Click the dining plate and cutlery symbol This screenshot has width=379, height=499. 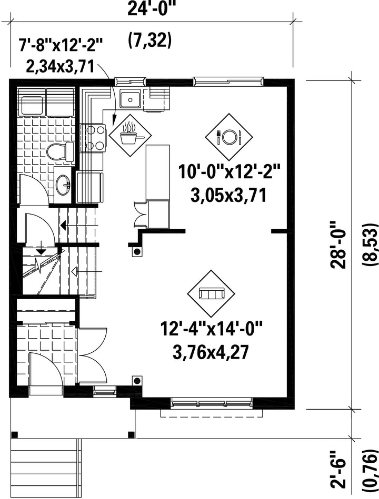(x=228, y=137)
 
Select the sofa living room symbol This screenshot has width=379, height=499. (x=210, y=293)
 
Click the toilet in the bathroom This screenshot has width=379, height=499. (x=59, y=151)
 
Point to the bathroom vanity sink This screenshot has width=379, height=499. (x=63, y=185)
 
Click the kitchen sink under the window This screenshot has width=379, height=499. (x=129, y=98)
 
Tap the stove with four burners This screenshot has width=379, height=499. (x=93, y=138)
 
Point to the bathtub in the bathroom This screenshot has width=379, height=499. (x=46, y=102)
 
